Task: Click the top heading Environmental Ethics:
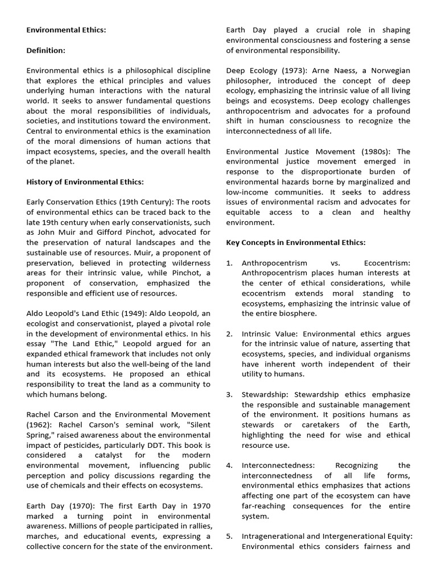click(x=66, y=30)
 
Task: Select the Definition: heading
click(x=46, y=51)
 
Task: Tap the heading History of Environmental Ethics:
click(x=85, y=182)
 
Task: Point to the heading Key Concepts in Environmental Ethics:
click(x=295, y=243)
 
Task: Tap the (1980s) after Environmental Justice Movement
click(x=379, y=152)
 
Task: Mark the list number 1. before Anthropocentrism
click(x=229, y=263)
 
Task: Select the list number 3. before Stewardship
click(x=229, y=394)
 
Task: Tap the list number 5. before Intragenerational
click(x=229, y=536)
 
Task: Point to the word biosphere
click(x=297, y=314)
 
